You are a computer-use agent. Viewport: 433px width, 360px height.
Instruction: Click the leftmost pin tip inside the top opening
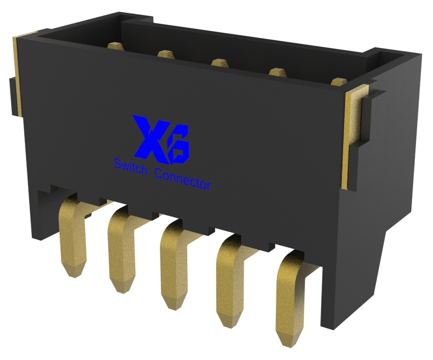click(x=115, y=46)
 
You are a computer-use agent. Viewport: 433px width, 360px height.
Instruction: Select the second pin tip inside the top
click(x=166, y=54)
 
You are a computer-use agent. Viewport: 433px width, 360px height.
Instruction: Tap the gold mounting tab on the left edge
click(x=17, y=75)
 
